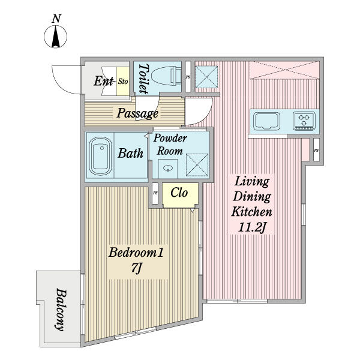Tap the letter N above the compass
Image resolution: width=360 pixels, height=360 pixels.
(x=56, y=19)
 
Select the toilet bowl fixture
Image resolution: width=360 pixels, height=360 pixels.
(x=167, y=76)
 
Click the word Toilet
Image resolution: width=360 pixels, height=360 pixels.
(x=143, y=78)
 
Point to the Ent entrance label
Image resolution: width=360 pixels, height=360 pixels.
(x=104, y=81)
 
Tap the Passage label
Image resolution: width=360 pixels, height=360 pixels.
(x=137, y=113)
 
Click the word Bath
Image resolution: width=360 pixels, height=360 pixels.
(x=130, y=154)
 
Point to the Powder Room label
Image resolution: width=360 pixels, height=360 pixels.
(x=170, y=145)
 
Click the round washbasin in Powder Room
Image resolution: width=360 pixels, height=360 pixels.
(x=170, y=168)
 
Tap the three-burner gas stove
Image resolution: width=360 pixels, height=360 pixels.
(x=305, y=121)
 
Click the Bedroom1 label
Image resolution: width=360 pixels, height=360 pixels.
(x=136, y=253)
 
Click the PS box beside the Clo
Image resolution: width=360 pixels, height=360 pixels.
(x=155, y=194)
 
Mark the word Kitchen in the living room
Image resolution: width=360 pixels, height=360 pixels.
(x=252, y=212)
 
